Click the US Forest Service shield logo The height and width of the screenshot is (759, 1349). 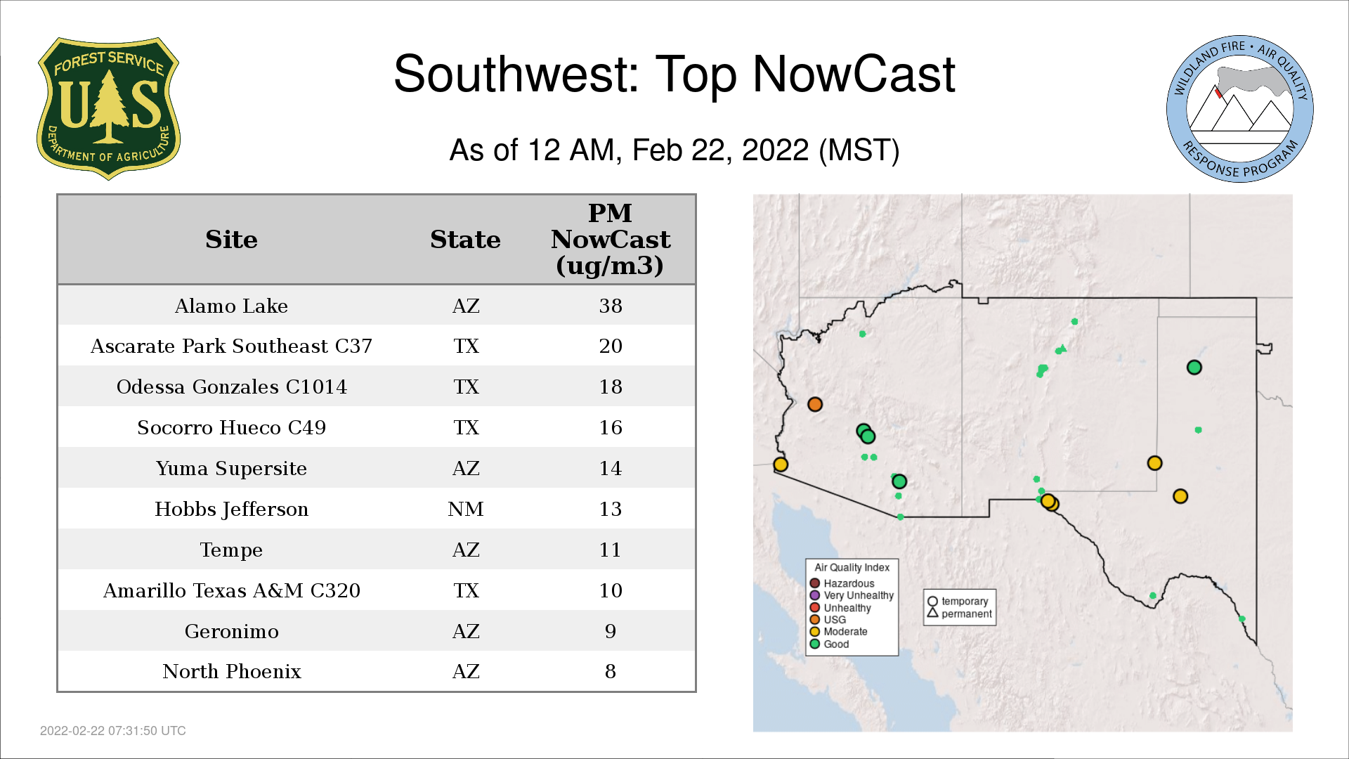pos(108,109)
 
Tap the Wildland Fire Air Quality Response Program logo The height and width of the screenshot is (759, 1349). pos(1240,109)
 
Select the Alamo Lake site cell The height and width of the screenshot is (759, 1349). pos(231,306)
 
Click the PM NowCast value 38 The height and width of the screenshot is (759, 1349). pos(611,306)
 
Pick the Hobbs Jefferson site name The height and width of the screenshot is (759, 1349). pos(231,509)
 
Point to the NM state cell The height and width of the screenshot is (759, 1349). pos(466,509)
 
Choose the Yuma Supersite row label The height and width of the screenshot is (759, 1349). pos(231,468)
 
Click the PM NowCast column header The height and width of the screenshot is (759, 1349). pos(611,239)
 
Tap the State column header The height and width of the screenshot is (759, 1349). pos(465,240)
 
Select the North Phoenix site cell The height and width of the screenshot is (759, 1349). pos(231,671)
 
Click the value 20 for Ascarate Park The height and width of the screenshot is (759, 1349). pos(611,346)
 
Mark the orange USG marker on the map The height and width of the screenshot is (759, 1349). pos(815,404)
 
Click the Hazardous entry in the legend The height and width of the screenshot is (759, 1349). pos(842,583)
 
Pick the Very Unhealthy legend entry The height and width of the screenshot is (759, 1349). pos(852,595)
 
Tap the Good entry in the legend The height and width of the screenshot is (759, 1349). pos(829,644)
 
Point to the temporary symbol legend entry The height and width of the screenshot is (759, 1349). pos(958,602)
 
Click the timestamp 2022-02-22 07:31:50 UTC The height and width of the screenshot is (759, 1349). pos(113,731)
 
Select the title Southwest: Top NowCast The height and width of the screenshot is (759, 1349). pos(674,74)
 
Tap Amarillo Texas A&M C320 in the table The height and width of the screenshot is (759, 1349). pos(231,590)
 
